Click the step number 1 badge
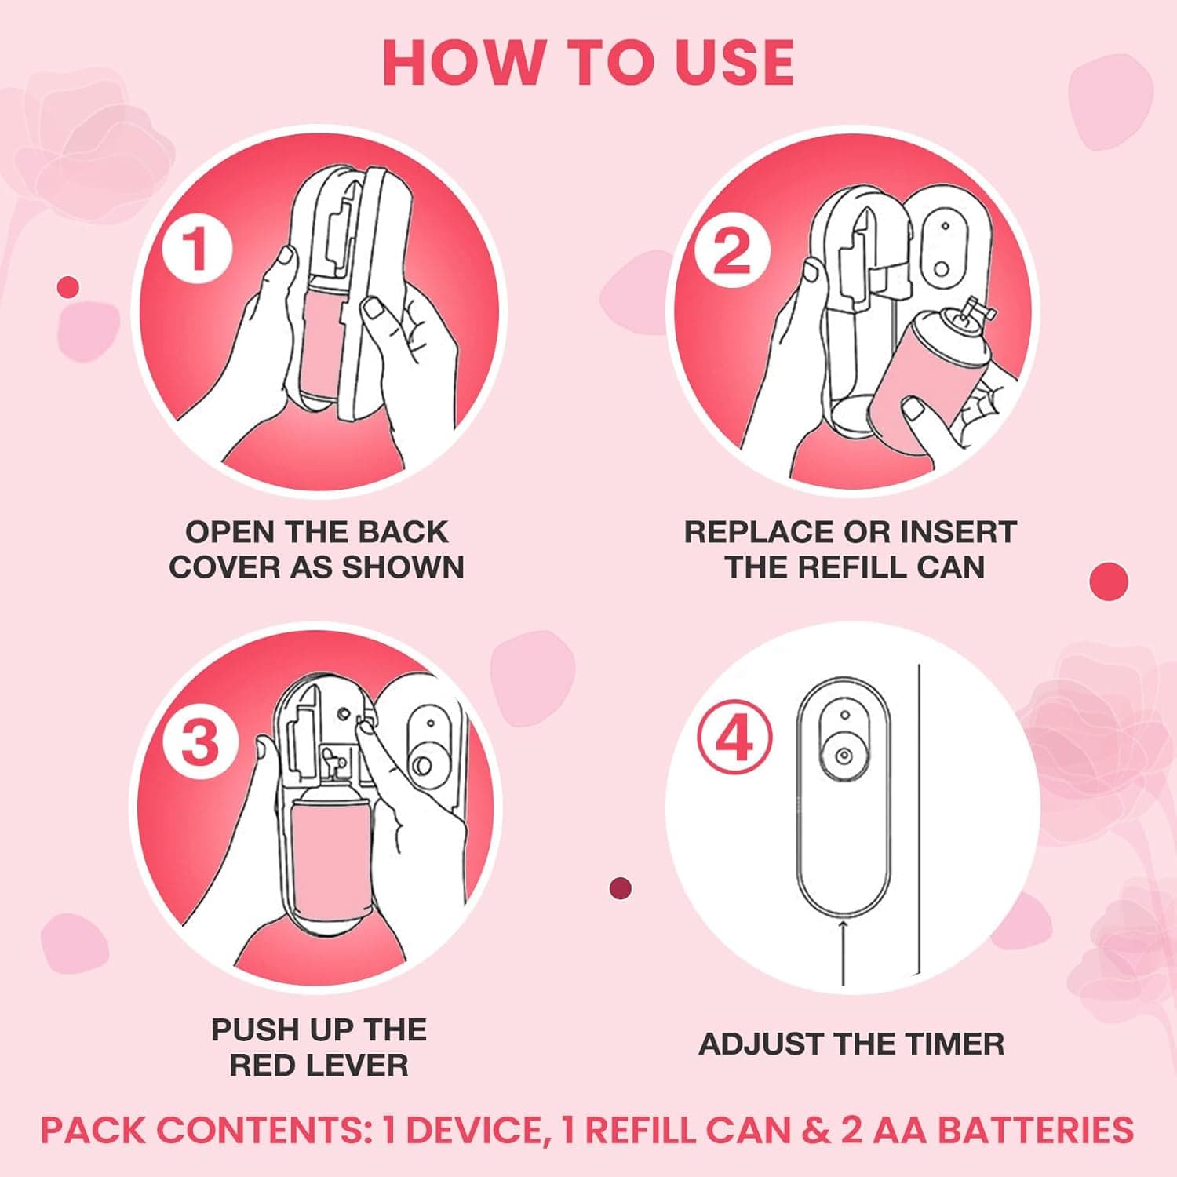pyautogui.click(x=197, y=249)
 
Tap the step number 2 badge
pyautogui.click(x=732, y=251)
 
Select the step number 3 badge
pyautogui.click(x=199, y=742)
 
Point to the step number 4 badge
pyautogui.click(x=734, y=738)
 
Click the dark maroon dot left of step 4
pyautogui.click(x=621, y=888)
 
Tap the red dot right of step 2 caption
pyautogui.click(x=1109, y=581)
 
